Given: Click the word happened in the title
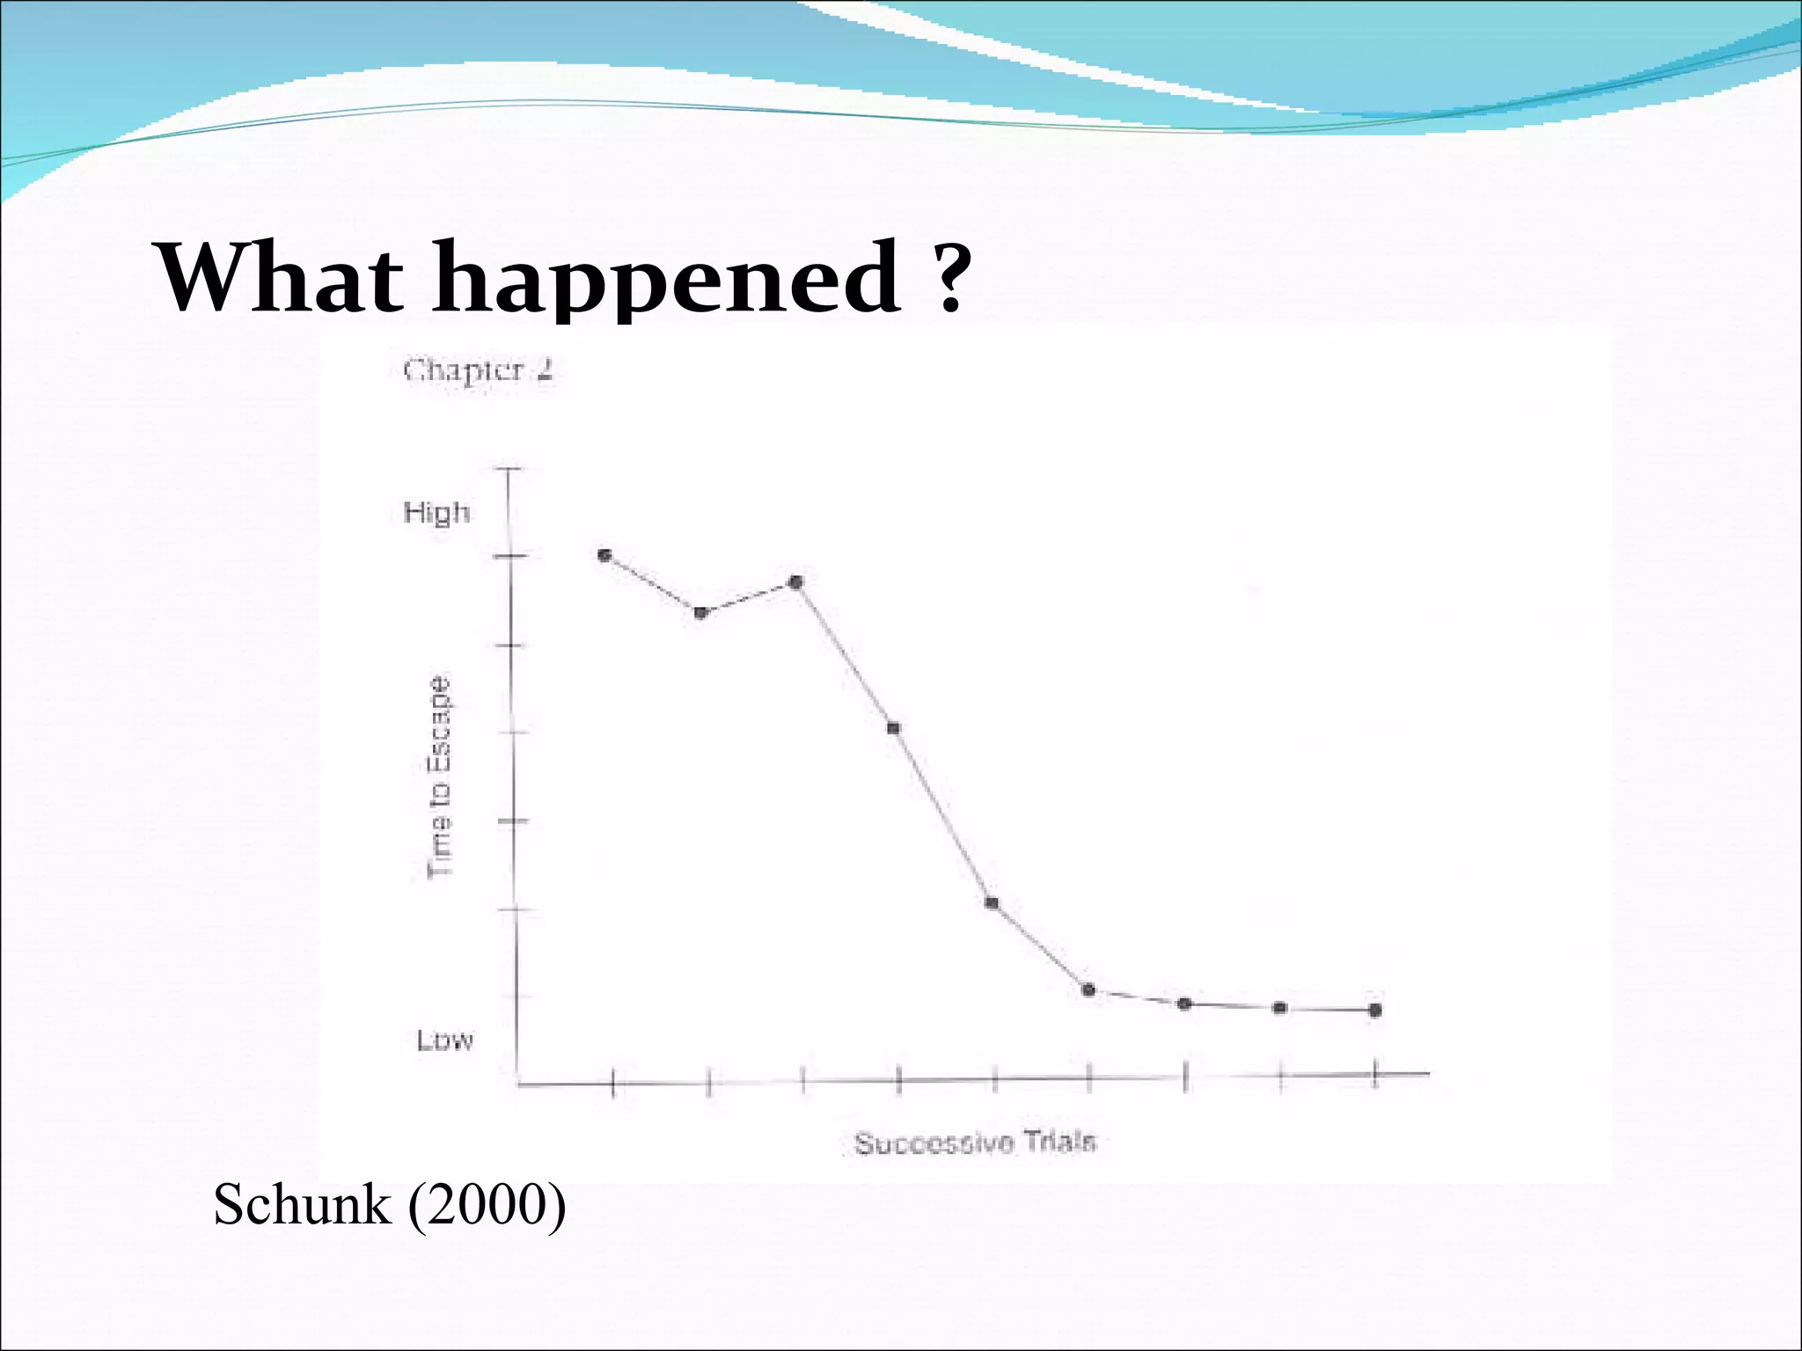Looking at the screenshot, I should (x=666, y=280).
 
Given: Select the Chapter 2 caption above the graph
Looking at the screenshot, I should (x=478, y=370).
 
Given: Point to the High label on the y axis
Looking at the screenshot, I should (x=436, y=512).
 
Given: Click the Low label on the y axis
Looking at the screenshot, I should (x=444, y=1041).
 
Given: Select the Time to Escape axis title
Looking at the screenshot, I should (x=440, y=777).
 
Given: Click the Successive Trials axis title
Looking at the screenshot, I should (x=975, y=1143).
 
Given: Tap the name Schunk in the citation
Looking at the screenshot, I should (x=302, y=1204).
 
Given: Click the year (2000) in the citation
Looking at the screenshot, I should (x=487, y=1204).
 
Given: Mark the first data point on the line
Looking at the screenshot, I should (x=604, y=555).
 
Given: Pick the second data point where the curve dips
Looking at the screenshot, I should (x=700, y=612).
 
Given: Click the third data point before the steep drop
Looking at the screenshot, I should (x=796, y=581).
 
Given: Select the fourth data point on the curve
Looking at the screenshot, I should (x=893, y=727).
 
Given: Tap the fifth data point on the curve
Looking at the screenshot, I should (x=992, y=902).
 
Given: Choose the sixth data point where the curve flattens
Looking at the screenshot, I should (x=1088, y=990).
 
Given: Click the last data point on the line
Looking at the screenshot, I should (x=1375, y=1010).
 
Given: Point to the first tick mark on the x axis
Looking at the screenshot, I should (x=613, y=1083).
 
